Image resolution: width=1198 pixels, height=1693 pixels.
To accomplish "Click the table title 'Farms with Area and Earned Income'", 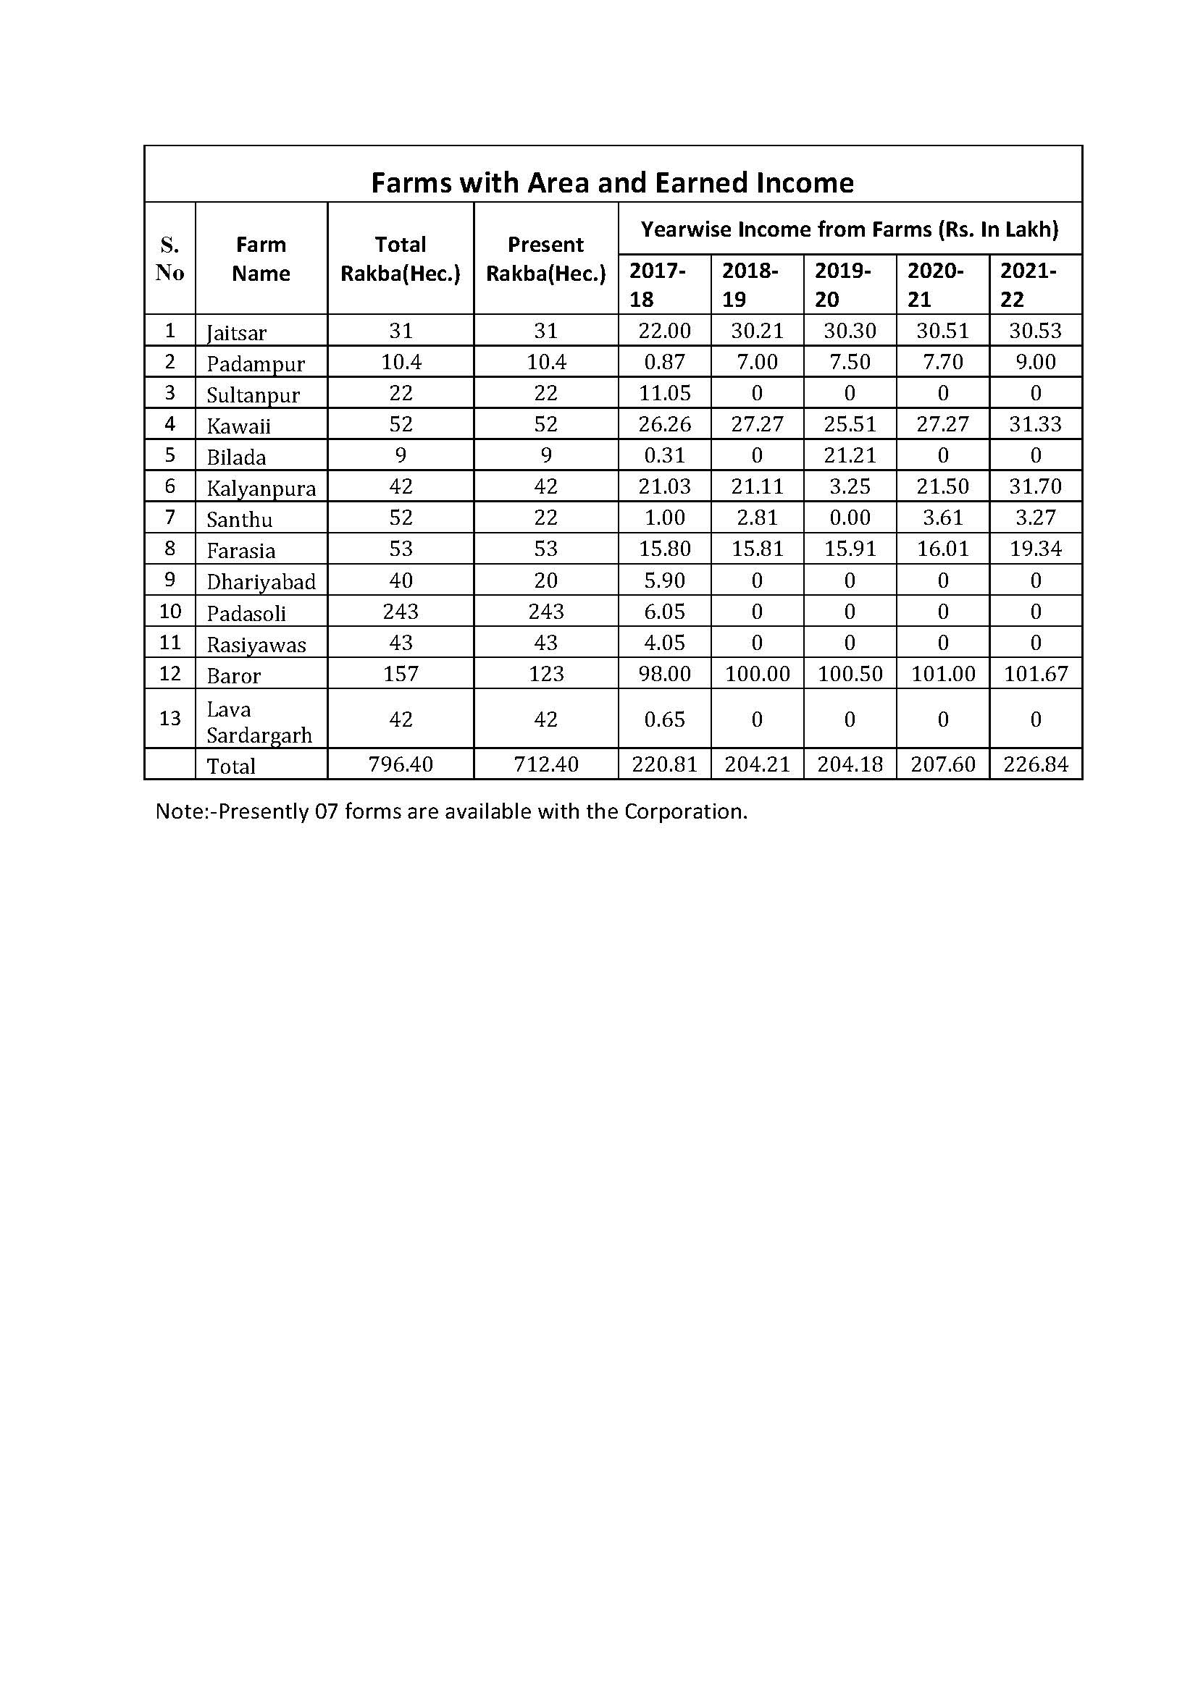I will (x=612, y=182).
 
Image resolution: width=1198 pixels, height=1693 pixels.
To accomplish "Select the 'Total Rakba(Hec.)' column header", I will (x=400, y=259).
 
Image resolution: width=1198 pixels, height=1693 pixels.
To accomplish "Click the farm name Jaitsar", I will (x=236, y=332).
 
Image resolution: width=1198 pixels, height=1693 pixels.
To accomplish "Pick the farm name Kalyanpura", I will (x=261, y=488).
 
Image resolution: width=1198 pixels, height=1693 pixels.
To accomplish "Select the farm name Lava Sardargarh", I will (x=259, y=722).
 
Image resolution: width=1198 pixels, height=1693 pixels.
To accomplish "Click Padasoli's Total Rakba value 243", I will (x=401, y=612).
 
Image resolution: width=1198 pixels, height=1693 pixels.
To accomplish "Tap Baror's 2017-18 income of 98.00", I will (x=665, y=674).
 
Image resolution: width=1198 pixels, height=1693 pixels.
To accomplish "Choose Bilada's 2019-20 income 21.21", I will (x=850, y=456).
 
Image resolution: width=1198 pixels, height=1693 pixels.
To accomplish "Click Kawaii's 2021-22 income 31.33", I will (x=1036, y=424).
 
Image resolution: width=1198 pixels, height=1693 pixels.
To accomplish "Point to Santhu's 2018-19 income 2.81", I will (x=757, y=518).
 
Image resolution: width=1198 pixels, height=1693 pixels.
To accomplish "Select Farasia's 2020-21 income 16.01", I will (x=943, y=549).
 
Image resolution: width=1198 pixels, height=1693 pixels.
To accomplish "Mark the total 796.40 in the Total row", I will (x=401, y=764).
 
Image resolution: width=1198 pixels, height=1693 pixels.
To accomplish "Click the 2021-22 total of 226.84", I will (x=1036, y=764).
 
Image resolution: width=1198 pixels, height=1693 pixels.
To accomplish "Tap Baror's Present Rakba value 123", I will (x=546, y=674).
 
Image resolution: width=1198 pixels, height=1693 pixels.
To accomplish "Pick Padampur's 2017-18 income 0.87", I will (x=665, y=362).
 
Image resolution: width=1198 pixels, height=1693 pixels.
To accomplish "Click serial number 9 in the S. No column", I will (x=169, y=580).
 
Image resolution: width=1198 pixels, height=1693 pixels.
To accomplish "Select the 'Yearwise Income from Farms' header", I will (x=849, y=229).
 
